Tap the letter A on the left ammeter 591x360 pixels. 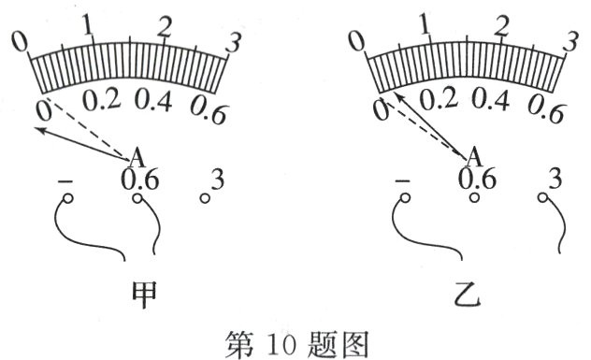(135, 155)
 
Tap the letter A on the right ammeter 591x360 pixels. (473, 155)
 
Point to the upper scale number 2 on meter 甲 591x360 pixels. (165, 27)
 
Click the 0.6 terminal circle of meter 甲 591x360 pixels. (137, 198)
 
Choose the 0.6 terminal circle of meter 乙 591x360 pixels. (475, 198)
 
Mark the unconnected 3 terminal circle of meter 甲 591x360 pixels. (205, 198)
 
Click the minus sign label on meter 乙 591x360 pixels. (404, 178)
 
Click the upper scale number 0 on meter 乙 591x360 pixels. (356, 40)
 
